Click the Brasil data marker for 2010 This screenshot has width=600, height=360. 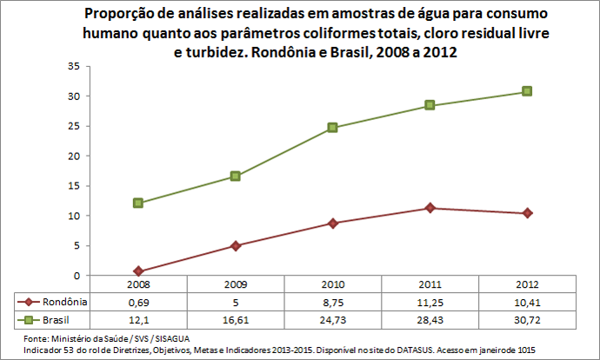click(x=332, y=128)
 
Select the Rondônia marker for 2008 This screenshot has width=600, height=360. click(x=137, y=271)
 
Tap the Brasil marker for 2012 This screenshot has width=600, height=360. click(x=527, y=91)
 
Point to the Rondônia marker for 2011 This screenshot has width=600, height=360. click(x=430, y=208)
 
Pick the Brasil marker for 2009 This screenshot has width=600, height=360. click(x=235, y=177)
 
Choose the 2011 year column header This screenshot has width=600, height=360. click(x=430, y=284)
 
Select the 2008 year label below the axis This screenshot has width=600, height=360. click(x=137, y=284)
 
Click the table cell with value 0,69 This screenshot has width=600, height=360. click(x=137, y=302)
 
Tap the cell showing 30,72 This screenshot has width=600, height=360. click(x=527, y=320)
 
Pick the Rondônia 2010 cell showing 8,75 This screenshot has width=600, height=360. click(x=332, y=302)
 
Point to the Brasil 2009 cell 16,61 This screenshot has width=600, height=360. click(x=235, y=320)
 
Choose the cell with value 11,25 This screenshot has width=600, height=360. click(x=430, y=302)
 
